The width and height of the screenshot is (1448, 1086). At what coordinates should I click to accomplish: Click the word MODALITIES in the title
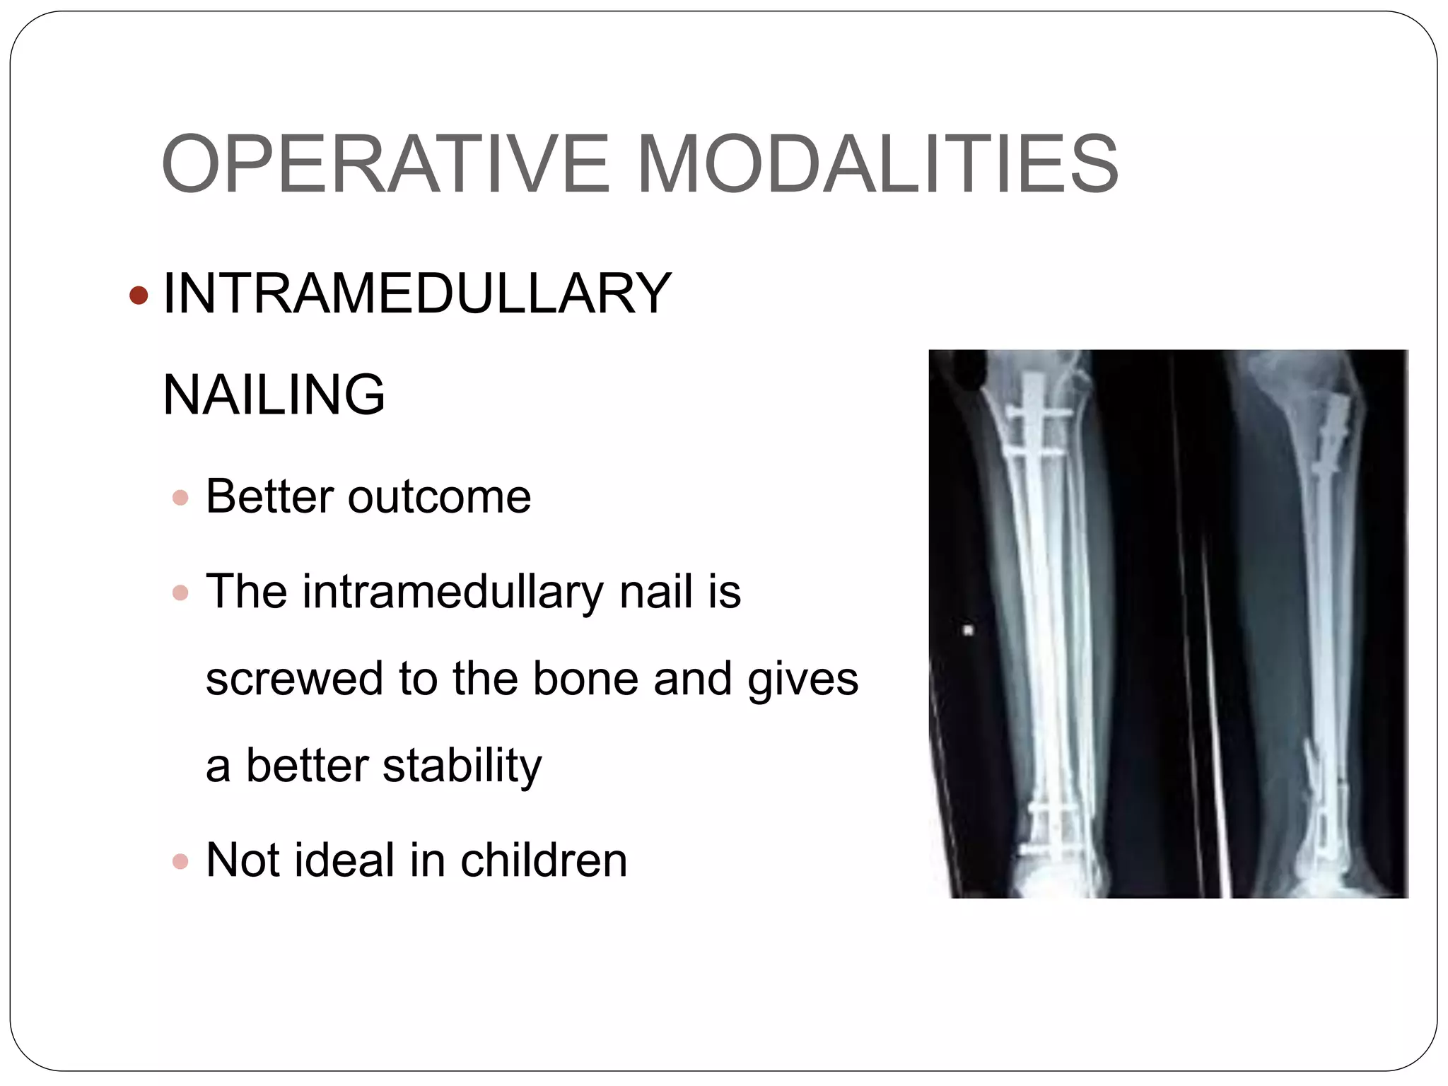(x=877, y=164)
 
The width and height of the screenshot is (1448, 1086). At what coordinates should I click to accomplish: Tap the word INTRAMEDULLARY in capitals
(x=416, y=293)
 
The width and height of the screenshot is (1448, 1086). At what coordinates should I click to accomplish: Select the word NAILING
(x=274, y=395)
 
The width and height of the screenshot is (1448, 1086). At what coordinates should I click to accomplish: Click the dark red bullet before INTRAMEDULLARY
(x=139, y=295)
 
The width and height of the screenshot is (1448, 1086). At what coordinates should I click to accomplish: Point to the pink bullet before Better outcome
(x=181, y=498)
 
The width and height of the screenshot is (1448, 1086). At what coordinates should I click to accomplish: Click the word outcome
(x=439, y=496)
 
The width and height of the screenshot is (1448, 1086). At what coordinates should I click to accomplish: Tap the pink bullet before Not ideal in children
(x=181, y=861)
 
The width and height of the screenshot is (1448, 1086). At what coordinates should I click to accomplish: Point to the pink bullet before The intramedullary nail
(x=181, y=592)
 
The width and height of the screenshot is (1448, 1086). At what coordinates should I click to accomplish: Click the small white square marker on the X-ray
(x=969, y=629)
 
